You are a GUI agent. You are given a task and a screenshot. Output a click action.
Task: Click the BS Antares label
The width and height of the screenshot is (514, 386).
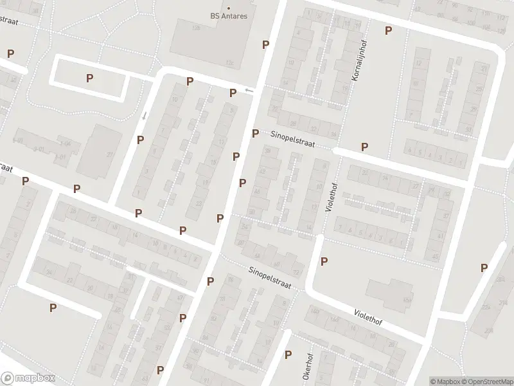229,16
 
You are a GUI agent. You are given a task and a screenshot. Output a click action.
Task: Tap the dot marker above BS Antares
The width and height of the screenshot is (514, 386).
228,8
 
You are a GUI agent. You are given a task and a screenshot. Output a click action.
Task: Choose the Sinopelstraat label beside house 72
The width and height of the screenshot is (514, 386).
270,279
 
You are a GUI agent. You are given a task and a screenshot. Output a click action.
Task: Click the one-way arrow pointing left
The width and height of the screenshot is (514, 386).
249,91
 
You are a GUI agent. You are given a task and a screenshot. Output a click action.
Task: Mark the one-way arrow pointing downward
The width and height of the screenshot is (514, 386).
145,116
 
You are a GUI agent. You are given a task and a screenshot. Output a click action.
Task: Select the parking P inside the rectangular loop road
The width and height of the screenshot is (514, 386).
89,78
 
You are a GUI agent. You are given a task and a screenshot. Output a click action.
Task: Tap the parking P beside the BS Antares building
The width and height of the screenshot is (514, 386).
265,44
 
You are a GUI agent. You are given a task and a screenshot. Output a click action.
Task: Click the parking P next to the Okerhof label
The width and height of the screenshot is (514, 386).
288,354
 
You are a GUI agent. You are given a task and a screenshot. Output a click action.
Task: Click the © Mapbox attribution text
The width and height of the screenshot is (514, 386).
445,381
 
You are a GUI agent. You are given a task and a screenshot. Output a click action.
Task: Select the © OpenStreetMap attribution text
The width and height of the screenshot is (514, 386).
487,381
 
